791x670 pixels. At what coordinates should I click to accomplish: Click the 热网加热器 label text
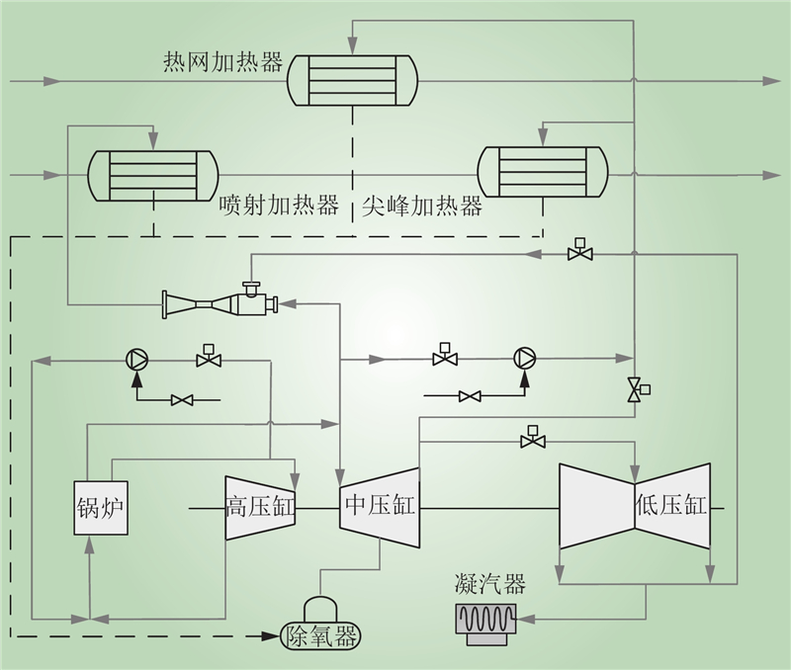click(x=222, y=62)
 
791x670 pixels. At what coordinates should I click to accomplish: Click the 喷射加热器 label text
click(x=279, y=206)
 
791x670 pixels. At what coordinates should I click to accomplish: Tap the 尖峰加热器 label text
click(x=422, y=206)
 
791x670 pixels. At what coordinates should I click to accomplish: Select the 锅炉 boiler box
click(x=102, y=508)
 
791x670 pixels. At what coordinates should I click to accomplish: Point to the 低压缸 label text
click(x=670, y=506)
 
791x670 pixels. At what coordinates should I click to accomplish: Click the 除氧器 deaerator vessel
click(x=320, y=632)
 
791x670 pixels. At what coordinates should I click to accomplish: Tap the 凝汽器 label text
click(x=484, y=582)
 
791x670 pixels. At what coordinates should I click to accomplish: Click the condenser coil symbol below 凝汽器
click(x=484, y=622)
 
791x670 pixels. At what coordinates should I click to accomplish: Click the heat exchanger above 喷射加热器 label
click(x=152, y=175)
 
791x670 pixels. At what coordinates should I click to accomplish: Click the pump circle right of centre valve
click(x=522, y=358)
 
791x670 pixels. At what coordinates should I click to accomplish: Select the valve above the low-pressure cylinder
click(x=532, y=440)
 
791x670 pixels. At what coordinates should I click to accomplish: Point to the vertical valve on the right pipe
click(x=634, y=389)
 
